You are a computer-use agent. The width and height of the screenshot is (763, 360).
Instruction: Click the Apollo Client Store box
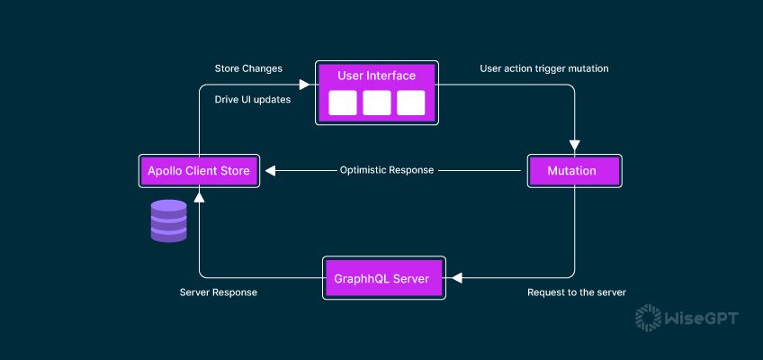[x=200, y=170]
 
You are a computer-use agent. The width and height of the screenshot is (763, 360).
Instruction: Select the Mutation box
[x=573, y=170]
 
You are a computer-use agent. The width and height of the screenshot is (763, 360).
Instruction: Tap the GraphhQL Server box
[x=384, y=278]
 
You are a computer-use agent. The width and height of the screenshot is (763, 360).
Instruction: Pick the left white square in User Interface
[x=343, y=103]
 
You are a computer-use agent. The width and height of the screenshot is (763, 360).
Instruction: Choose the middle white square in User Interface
[x=377, y=103]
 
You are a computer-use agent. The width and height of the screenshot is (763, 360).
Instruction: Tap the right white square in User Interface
[x=410, y=103]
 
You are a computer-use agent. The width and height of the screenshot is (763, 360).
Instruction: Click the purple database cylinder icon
[x=168, y=220]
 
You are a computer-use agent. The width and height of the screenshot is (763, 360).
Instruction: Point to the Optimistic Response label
[x=387, y=170]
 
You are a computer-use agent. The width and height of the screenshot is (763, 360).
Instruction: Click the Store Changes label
[x=248, y=68]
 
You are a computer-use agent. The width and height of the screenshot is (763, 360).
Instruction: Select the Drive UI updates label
[x=253, y=100]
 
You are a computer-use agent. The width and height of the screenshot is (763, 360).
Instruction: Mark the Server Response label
[x=219, y=292]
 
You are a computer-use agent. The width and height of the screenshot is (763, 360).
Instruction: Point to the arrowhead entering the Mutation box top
[x=573, y=148]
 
